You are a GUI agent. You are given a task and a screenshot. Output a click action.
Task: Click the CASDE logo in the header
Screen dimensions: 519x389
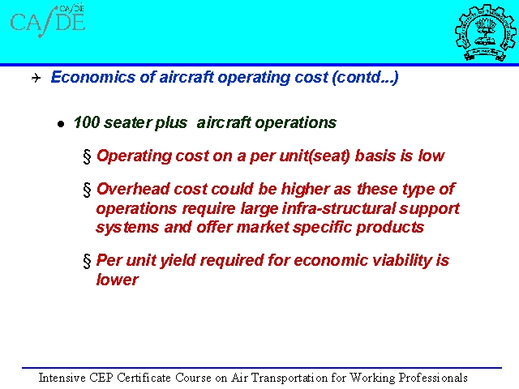48,20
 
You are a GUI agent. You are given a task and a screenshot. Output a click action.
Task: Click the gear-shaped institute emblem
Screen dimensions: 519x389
485,32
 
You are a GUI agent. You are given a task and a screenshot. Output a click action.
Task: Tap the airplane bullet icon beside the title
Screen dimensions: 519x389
36,78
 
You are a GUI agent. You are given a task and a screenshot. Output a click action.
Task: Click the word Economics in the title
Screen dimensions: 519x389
93,77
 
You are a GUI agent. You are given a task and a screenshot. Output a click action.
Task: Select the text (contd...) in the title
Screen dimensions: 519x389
365,78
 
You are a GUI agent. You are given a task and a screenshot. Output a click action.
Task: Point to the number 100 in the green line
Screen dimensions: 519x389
87,122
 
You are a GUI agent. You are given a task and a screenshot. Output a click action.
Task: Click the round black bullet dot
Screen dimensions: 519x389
61,124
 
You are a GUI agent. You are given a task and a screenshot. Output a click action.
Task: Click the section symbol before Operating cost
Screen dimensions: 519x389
87,156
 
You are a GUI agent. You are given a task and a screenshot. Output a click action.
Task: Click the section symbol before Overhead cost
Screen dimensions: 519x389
87,190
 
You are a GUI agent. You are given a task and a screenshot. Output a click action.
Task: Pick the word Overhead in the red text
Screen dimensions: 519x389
133,189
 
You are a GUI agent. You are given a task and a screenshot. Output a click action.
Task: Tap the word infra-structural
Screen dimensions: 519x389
339,208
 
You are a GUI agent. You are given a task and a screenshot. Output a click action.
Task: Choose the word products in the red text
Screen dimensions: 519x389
390,228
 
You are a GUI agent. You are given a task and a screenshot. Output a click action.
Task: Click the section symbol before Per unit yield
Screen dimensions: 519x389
87,261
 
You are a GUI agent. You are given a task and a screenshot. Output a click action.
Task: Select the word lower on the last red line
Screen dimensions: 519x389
117,280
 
